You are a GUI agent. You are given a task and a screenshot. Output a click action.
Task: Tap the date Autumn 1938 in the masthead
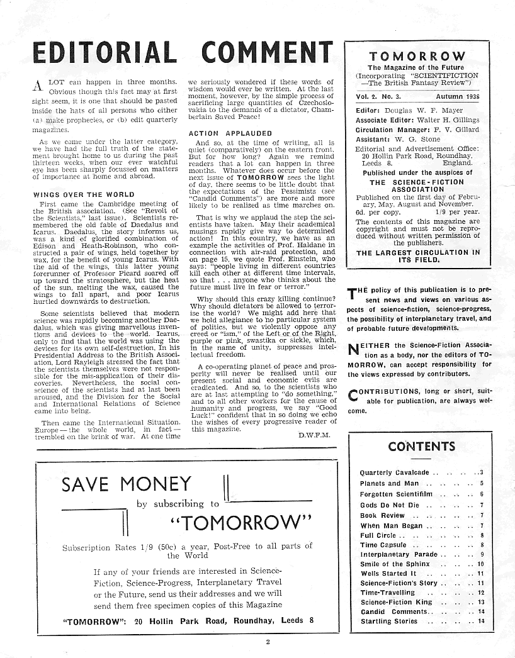(457, 97)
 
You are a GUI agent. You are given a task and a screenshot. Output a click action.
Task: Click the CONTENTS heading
(421, 447)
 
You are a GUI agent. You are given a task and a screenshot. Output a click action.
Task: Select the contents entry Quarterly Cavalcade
(394, 472)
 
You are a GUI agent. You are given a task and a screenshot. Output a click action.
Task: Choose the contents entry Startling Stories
(388, 622)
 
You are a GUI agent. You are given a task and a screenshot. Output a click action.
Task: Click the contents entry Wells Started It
(388, 574)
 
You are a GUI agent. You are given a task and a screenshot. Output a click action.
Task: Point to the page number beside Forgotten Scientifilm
(481, 494)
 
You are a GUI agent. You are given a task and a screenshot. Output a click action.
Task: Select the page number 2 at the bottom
(267, 642)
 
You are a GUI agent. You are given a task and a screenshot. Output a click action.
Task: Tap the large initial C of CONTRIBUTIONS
(354, 396)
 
